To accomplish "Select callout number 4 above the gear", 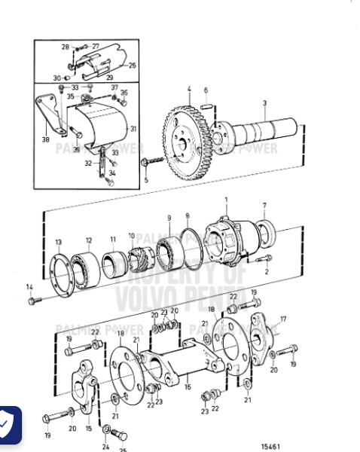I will pyautogui.click(x=188, y=89).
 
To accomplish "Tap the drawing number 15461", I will pyautogui.click(x=270, y=446).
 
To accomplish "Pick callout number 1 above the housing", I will pyautogui.click(x=226, y=200).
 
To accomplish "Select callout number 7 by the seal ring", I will pyautogui.click(x=264, y=205).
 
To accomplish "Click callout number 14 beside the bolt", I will pyautogui.click(x=29, y=286).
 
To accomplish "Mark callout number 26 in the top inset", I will pyautogui.click(x=133, y=66).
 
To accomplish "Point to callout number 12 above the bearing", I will pyautogui.click(x=88, y=240).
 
